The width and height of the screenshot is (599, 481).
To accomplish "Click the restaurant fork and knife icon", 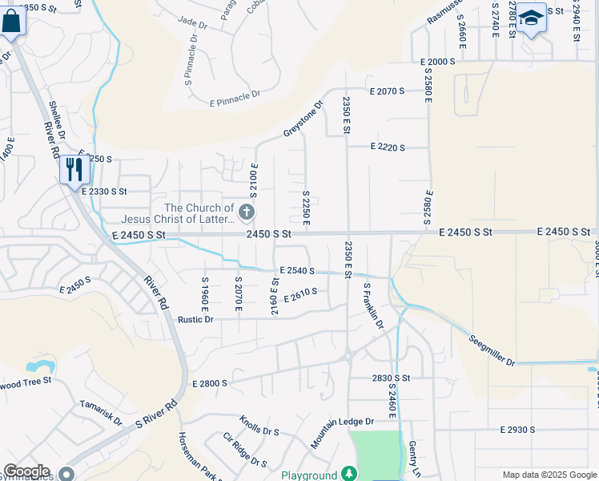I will click(71, 169).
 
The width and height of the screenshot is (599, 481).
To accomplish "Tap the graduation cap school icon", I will click(531, 17).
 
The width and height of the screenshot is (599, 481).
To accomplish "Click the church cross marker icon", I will click(247, 212).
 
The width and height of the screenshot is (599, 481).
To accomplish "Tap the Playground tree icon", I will click(349, 474).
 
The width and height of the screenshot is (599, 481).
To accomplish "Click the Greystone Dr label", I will click(302, 118).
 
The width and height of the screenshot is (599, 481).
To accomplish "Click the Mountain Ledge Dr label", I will click(342, 433).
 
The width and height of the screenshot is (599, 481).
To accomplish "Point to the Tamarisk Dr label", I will click(100, 414).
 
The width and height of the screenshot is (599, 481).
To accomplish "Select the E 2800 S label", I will click(210, 385).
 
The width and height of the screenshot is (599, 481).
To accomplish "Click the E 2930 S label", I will click(517, 430).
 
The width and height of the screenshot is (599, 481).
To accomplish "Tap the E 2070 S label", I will click(388, 91).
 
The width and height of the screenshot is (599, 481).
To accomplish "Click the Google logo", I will click(26, 471).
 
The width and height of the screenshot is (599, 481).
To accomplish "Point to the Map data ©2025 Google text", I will click(549, 475).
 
